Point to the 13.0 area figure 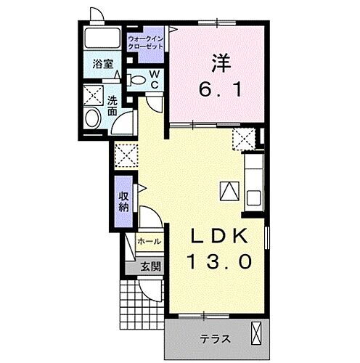tap(221, 259)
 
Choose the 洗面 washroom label tap(112, 105)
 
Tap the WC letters tap(155, 80)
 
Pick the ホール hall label tap(148, 241)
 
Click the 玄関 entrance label tap(151, 266)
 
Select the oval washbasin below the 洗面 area tap(93, 119)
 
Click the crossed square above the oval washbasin tap(92, 96)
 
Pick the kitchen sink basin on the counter tap(254, 196)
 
